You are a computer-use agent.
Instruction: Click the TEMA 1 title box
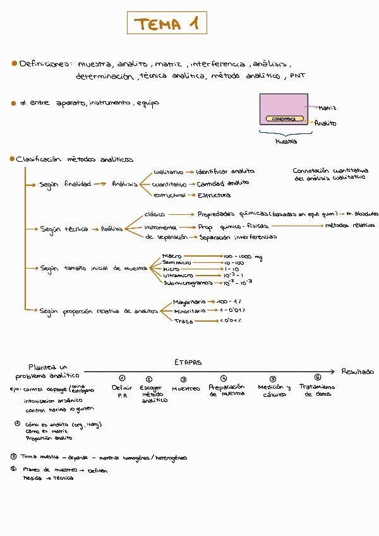(x=166, y=25)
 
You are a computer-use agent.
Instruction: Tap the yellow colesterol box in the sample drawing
(x=284, y=119)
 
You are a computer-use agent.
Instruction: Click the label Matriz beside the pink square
(x=327, y=108)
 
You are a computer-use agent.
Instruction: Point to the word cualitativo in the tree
(x=168, y=171)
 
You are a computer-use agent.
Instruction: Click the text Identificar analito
(x=225, y=171)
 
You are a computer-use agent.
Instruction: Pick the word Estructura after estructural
(x=215, y=195)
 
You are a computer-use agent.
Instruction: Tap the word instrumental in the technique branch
(x=160, y=226)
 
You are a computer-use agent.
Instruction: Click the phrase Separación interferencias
(x=238, y=238)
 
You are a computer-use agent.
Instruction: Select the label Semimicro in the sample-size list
(x=177, y=262)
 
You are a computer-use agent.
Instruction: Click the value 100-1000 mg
(x=243, y=257)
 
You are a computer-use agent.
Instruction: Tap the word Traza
(x=184, y=321)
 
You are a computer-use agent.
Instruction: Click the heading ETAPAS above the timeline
(x=188, y=362)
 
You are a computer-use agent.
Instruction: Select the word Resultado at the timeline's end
(x=358, y=372)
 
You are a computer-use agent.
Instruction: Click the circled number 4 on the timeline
(x=224, y=378)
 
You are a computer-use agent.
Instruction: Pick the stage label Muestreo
(x=186, y=389)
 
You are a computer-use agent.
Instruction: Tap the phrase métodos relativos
(x=349, y=225)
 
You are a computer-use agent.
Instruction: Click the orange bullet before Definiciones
(x=13, y=64)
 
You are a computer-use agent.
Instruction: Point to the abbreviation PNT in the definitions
(x=298, y=76)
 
